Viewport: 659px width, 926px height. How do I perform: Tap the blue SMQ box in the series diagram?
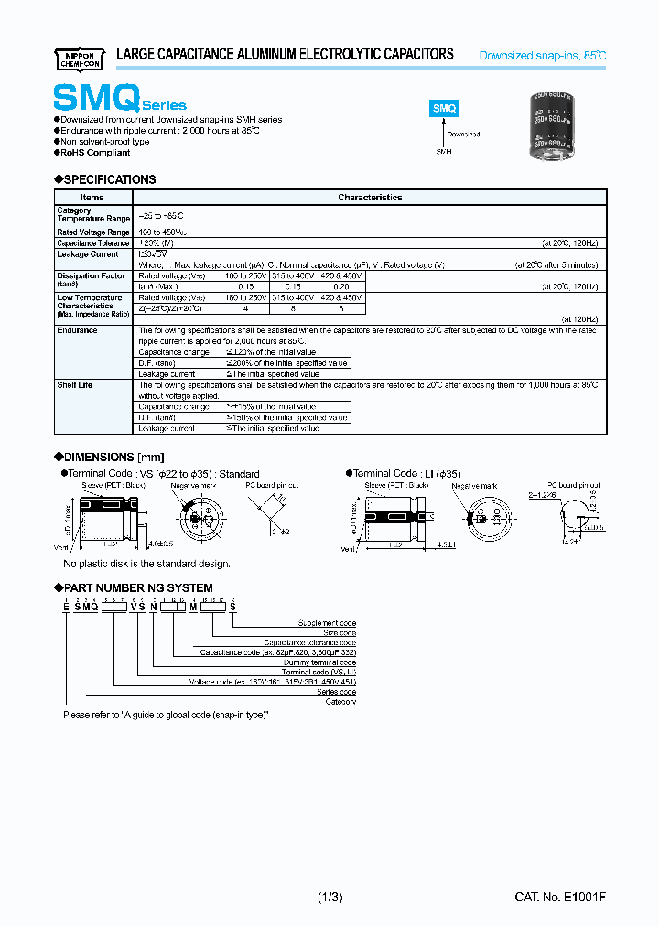[x=445, y=107]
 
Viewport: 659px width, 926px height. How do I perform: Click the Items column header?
[x=92, y=198]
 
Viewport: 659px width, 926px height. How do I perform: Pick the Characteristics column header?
[x=370, y=198]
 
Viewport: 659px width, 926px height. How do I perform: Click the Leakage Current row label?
[x=87, y=254]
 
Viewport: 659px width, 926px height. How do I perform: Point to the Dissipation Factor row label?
[x=91, y=275]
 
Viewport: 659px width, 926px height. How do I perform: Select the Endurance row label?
[x=77, y=330]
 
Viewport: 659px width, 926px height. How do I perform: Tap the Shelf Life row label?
[x=76, y=385]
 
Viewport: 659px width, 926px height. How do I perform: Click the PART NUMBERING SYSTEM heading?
[x=138, y=587]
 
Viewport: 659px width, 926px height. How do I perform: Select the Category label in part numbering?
[x=340, y=701]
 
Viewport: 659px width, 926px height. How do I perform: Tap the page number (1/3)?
[x=329, y=898]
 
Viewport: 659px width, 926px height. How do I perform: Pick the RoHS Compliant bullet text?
[x=95, y=153]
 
